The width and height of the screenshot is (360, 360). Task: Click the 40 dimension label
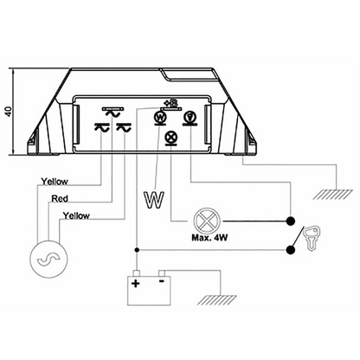[10, 112]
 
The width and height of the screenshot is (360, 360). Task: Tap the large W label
[154, 200]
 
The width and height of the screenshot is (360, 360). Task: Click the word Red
[60, 199]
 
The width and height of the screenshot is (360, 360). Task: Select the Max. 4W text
[209, 238]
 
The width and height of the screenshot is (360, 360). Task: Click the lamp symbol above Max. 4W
[207, 222]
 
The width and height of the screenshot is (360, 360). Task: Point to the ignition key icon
[312, 238]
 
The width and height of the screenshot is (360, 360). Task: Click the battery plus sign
[136, 283]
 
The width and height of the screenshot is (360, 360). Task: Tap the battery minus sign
[162, 280]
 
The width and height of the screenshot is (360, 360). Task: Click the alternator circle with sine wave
[48, 259]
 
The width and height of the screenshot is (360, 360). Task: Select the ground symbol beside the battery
[217, 300]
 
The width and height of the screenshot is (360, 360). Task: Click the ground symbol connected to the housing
[332, 195]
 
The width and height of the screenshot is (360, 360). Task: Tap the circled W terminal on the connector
[160, 118]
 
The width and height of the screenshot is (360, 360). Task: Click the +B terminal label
[170, 102]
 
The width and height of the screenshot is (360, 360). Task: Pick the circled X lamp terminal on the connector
[171, 138]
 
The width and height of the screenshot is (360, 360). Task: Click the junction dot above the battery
[138, 249]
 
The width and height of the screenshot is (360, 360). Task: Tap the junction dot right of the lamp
[290, 222]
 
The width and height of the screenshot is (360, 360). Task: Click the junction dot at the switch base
[290, 250]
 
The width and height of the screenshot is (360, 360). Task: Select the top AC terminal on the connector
[112, 112]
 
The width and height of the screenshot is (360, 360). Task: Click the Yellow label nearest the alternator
[76, 215]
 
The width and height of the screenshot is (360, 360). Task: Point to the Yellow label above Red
[55, 182]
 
